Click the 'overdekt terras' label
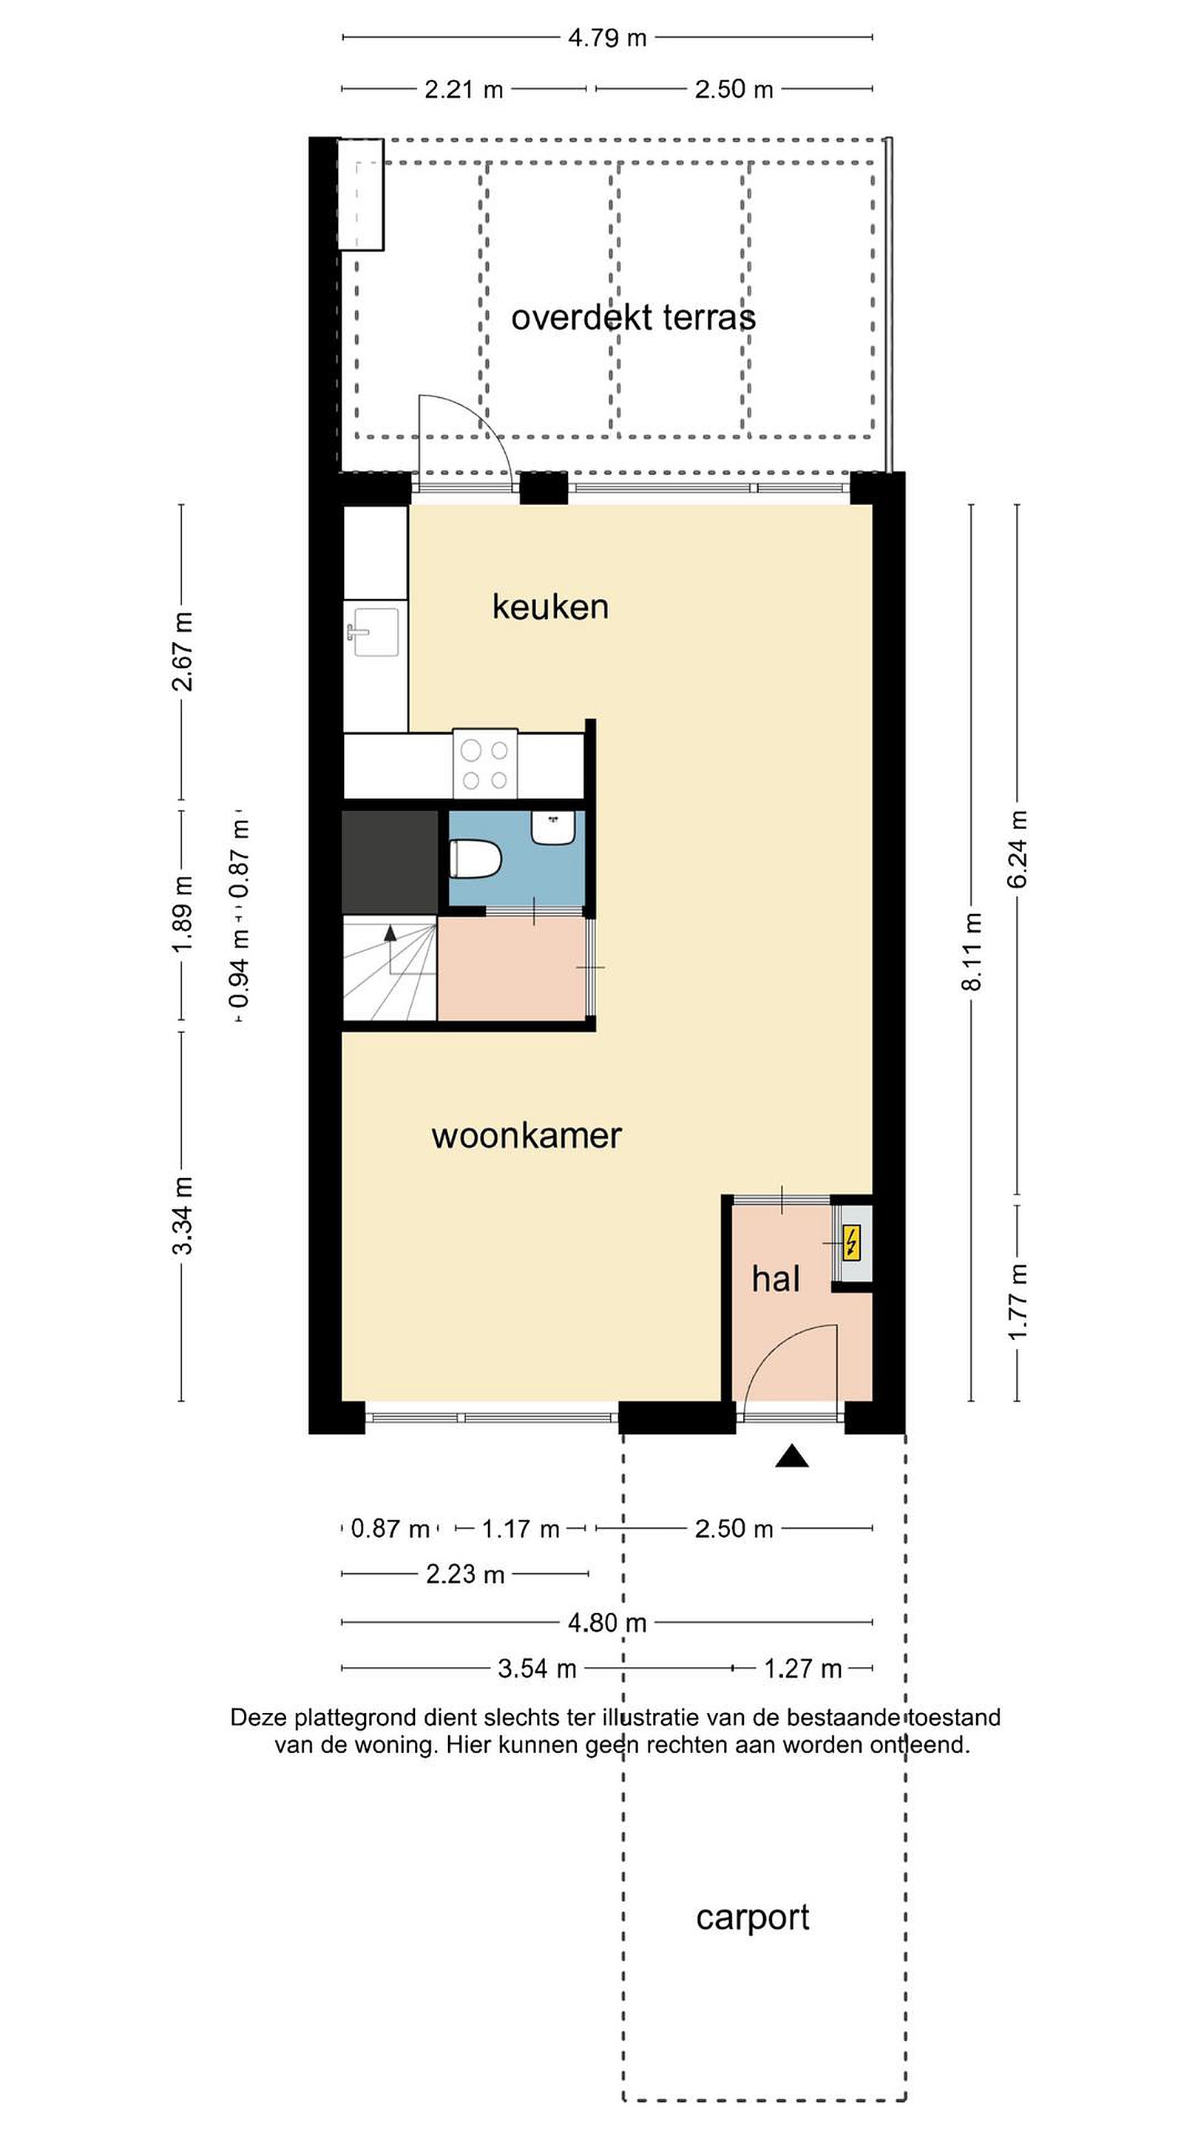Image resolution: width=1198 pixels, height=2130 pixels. click(633, 317)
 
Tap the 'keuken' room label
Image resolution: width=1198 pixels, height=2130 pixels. click(551, 607)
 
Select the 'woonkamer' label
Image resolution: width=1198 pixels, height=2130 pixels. click(527, 1136)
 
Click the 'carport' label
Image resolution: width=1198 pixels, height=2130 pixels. click(752, 1917)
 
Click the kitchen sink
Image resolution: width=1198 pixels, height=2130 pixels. click(376, 632)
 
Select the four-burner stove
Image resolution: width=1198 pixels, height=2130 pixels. click(485, 764)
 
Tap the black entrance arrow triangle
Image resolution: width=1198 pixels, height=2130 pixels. click(791, 1456)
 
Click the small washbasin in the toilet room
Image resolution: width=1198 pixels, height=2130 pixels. click(553, 828)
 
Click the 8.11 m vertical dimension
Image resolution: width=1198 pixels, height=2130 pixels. click(972, 952)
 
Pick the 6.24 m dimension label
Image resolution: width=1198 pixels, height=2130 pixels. click(1017, 849)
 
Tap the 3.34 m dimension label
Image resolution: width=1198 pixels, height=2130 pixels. click(182, 1214)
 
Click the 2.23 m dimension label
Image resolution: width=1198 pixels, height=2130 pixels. click(465, 1574)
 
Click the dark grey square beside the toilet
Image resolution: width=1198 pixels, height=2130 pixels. click(390, 862)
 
